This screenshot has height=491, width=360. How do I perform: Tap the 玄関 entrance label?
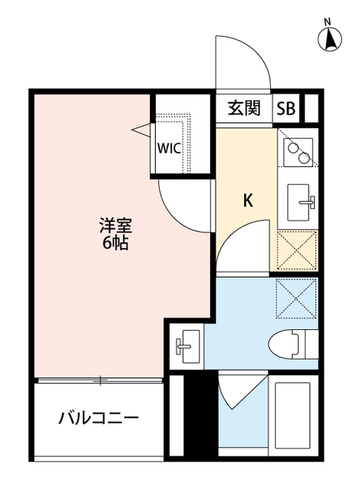[x=244, y=108]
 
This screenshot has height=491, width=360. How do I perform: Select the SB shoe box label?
[x=286, y=108]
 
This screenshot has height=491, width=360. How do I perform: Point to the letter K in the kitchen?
[x=248, y=202]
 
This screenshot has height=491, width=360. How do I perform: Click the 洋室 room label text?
[x=114, y=226]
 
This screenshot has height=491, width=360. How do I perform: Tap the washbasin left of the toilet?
[x=187, y=347]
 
